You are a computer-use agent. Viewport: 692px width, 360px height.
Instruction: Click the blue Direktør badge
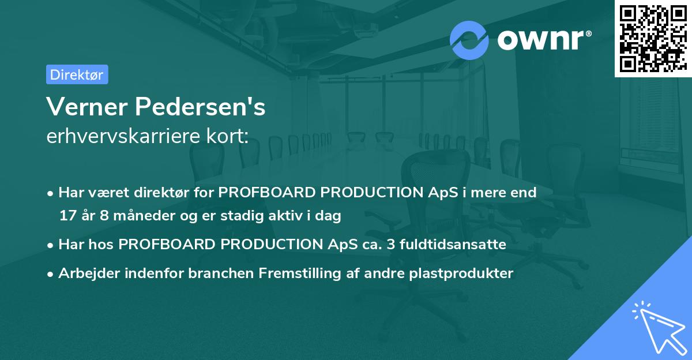tap(77, 74)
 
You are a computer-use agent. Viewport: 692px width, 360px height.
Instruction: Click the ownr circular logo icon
tap(469, 40)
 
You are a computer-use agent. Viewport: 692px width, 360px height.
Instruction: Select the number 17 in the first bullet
tap(67, 216)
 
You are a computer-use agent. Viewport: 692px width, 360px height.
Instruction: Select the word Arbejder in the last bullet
tap(85, 273)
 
